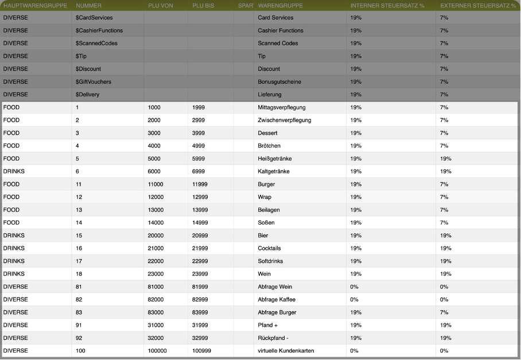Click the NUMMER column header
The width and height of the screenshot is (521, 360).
[88, 5]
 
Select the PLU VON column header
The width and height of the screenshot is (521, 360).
[160, 5]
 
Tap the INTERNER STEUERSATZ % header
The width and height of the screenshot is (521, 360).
[387, 5]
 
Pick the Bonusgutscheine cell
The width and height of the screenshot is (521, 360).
[279, 82]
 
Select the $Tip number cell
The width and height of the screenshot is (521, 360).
[81, 56]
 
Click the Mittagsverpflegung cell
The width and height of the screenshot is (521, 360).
[282, 107]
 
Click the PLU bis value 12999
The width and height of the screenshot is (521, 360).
[200, 197]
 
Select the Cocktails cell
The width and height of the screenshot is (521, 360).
[270, 248]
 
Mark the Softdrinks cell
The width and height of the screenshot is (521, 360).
[270, 261]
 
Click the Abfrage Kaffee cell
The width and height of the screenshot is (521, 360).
[277, 300]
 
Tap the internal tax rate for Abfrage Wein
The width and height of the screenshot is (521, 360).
[354, 287]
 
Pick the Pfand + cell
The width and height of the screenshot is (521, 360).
[267, 325]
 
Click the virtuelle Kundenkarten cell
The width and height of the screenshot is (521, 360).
[286, 351]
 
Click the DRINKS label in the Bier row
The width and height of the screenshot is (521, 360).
[14, 236]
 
